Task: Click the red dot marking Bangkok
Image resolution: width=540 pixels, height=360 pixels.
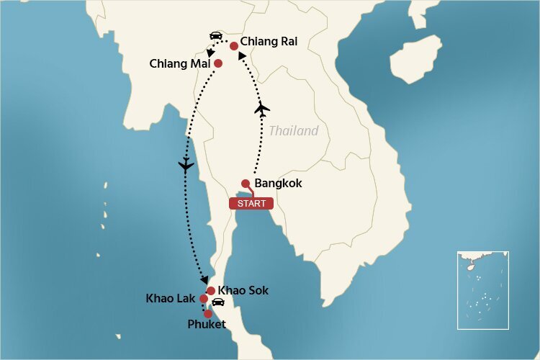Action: coord(246,183)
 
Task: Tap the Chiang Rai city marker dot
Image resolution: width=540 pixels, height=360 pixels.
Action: coord(234,45)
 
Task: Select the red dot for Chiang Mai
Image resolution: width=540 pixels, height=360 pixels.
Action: coord(218,63)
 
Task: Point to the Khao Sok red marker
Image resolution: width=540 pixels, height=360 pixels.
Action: coord(211,291)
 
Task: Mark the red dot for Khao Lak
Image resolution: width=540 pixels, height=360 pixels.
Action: coord(204,299)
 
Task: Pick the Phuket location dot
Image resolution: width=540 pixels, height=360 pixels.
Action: coord(208,314)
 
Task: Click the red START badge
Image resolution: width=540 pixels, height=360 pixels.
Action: coord(251,203)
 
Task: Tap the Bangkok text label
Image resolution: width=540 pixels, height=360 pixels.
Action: coord(279,184)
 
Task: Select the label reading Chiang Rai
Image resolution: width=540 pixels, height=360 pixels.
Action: coord(269,42)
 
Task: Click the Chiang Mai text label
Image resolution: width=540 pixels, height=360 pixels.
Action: coord(180,63)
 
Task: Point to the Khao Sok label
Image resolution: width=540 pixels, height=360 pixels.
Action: coord(243,290)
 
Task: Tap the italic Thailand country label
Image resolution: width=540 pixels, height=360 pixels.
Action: coord(293,131)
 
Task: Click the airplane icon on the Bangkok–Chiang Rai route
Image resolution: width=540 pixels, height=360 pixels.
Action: coord(263,109)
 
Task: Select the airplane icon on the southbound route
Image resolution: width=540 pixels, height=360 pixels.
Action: coord(186,166)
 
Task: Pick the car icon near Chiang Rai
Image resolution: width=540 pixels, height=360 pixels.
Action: coord(215,35)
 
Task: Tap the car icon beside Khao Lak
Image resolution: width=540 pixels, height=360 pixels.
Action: coord(219,303)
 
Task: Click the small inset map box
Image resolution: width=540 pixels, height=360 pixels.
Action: coord(482,289)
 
